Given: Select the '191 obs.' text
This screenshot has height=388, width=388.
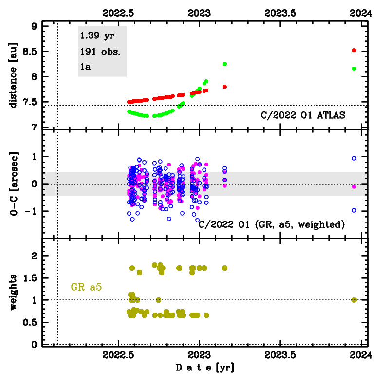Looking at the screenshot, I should [x=100, y=52].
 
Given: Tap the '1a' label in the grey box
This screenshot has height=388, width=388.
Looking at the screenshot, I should [x=85, y=67].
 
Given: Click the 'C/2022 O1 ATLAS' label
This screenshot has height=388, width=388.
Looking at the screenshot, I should [x=303, y=115].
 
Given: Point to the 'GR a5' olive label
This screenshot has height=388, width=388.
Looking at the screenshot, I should [x=86, y=287].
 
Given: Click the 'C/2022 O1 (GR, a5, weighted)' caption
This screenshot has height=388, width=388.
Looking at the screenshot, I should [x=272, y=224].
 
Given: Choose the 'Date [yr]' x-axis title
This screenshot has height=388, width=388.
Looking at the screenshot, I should [x=205, y=368].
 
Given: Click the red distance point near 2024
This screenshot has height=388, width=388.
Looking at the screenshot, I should [x=354, y=50].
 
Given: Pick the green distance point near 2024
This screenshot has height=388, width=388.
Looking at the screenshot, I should [x=354, y=69].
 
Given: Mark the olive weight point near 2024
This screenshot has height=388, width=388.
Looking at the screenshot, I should [x=354, y=300].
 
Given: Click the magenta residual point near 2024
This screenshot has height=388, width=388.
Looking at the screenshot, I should [x=354, y=187].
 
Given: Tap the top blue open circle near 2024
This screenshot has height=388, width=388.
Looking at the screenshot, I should [x=354, y=158].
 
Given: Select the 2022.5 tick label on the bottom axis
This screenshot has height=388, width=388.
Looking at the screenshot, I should [x=118, y=355].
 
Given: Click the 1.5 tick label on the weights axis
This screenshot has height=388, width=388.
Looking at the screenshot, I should [x=30, y=278].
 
